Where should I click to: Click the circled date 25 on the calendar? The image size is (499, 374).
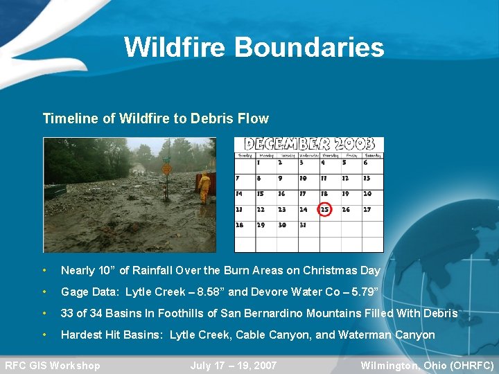click(x=324, y=209)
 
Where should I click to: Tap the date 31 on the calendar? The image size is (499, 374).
click(x=303, y=225)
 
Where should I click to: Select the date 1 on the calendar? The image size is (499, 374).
click(x=259, y=163)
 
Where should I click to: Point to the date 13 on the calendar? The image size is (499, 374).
click(x=367, y=179)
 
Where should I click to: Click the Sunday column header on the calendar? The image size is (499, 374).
click(x=245, y=155)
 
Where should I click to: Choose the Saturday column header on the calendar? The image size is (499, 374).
click(x=373, y=155)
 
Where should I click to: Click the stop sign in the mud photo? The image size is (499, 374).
click(x=166, y=168)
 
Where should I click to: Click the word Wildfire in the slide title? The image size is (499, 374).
click(x=175, y=47)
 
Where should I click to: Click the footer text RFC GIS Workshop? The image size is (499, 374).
click(x=53, y=366)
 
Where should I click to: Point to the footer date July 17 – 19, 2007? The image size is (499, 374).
click(x=234, y=366)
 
